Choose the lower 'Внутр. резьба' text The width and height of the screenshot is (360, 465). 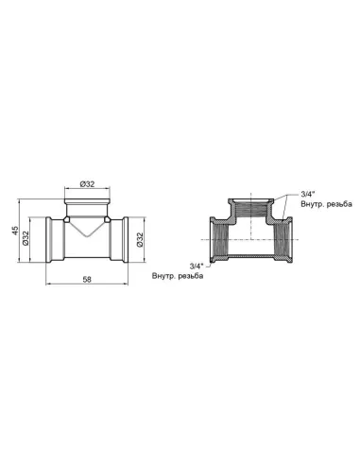tap(180, 276)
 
